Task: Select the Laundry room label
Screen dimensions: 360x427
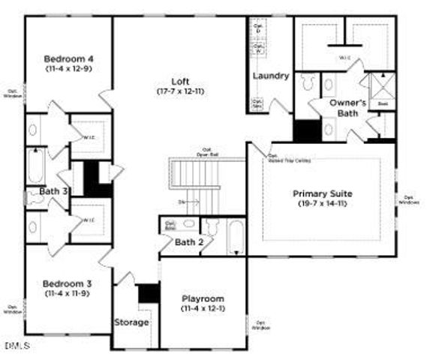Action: (270, 76)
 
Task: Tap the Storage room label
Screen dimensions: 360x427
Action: (132, 322)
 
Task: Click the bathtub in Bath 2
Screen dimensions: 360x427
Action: (235, 238)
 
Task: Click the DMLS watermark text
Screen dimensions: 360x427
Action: (16, 346)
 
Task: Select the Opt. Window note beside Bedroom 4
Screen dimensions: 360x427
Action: (13, 94)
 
